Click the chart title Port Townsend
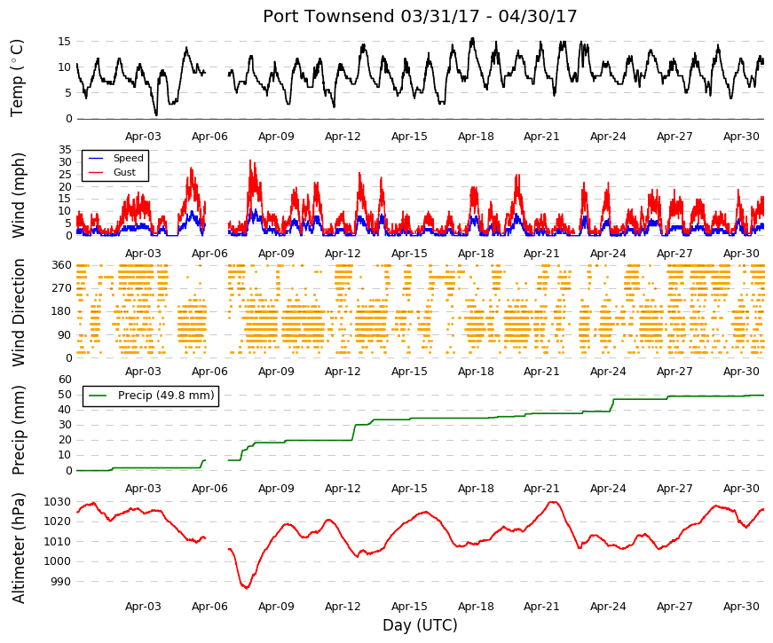click(329, 16)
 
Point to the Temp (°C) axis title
click(17, 78)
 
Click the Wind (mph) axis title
click(18, 195)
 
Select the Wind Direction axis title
click(18, 312)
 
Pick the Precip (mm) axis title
click(18, 430)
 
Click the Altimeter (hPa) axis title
click(18, 548)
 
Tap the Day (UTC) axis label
click(420, 625)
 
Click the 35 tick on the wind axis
click(65, 149)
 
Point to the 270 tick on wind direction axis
click(62, 287)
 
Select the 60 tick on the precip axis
click(65, 380)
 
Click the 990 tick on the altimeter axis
click(61, 582)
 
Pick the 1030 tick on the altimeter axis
click(58, 502)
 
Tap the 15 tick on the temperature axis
click(65, 42)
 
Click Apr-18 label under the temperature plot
click(476, 137)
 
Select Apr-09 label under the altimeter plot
click(276, 607)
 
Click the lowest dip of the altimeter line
click(246, 588)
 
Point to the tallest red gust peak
click(250, 161)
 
